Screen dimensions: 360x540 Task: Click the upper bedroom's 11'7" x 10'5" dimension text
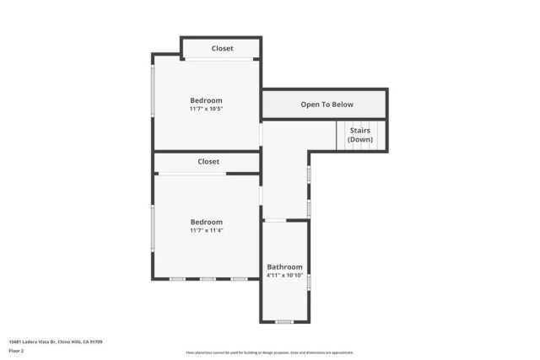coord(206,109)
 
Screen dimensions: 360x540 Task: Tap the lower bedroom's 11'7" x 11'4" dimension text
coord(206,230)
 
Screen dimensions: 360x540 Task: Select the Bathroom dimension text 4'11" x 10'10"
coord(284,276)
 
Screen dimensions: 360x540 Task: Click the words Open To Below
coord(327,105)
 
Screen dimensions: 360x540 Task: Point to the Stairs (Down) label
coord(359,135)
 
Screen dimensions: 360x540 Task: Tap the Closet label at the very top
coord(222,49)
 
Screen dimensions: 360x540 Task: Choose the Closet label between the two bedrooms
coord(208,161)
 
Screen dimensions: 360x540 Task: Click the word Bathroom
coord(284,267)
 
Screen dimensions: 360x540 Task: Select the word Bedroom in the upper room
coord(206,100)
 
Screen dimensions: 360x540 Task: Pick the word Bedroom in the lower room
coord(206,222)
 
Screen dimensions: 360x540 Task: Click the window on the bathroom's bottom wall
coord(284,321)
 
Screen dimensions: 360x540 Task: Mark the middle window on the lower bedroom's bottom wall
coord(208,279)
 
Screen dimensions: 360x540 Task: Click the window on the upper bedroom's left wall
coord(153,90)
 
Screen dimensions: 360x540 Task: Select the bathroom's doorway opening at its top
coord(276,220)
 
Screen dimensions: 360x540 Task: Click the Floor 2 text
coord(16,350)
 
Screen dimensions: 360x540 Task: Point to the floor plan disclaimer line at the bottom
coord(269,352)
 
